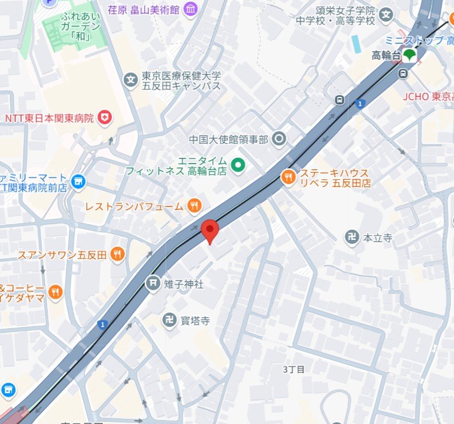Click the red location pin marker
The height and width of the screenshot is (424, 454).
[x=210, y=231]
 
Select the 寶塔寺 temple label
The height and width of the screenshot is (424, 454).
[x=195, y=321]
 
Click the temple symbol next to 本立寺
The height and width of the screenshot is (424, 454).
[x=352, y=237]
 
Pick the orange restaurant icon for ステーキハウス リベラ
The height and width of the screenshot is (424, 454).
[x=289, y=178]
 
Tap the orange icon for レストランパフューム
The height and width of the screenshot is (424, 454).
[x=194, y=206]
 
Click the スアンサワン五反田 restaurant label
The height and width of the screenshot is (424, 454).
[x=62, y=254]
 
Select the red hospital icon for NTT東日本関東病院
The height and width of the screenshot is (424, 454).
[x=104, y=118]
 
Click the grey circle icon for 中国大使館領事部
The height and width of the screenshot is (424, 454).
[x=279, y=138]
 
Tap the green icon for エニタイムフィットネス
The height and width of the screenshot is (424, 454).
[x=238, y=165]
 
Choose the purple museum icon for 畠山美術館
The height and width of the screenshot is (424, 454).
[x=190, y=9]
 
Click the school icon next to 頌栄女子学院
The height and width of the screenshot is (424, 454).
[x=387, y=14]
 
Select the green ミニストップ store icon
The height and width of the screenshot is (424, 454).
[x=409, y=55]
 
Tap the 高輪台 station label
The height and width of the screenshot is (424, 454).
[x=386, y=55]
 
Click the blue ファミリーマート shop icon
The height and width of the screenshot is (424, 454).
[x=78, y=181]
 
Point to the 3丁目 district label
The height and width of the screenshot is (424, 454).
[x=294, y=369]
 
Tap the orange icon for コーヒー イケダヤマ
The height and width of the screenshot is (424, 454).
[x=55, y=292]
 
